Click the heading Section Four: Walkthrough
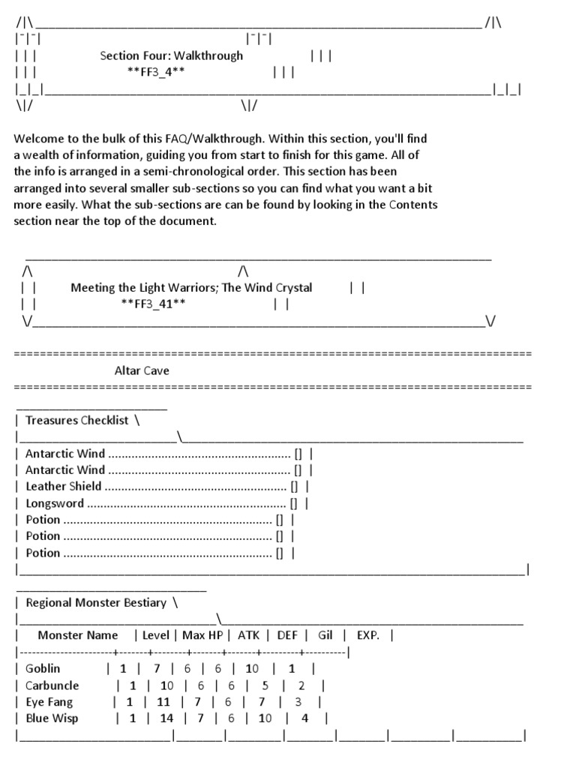coord(172,55)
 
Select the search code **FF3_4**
coord(157,73)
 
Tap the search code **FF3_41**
coord(153,304)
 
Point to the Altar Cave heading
coord(142,370)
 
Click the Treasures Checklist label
coord(77,420)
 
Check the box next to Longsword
coord(294,503)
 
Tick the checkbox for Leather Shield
coord(294,487)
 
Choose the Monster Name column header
coord(78,635)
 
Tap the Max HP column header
coord(203,635)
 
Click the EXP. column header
coord(367,635)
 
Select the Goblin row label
coord(43,668)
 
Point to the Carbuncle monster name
coord(52,685)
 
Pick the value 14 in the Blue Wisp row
coord(166,718)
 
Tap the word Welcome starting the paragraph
coord(38,139)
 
